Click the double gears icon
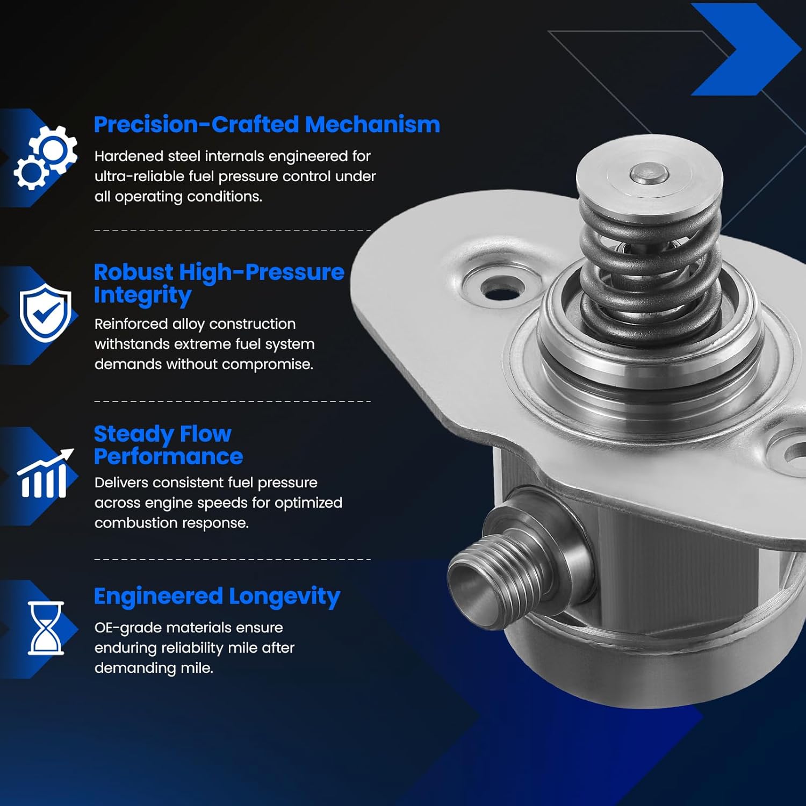(x=45, y=157)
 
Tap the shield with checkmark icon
(x=45, y=314)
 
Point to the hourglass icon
(x=46, y=628)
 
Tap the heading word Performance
(x=168, y=457)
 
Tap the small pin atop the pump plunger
(x=649, y=173)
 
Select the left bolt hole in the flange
(x=502, y=290)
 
